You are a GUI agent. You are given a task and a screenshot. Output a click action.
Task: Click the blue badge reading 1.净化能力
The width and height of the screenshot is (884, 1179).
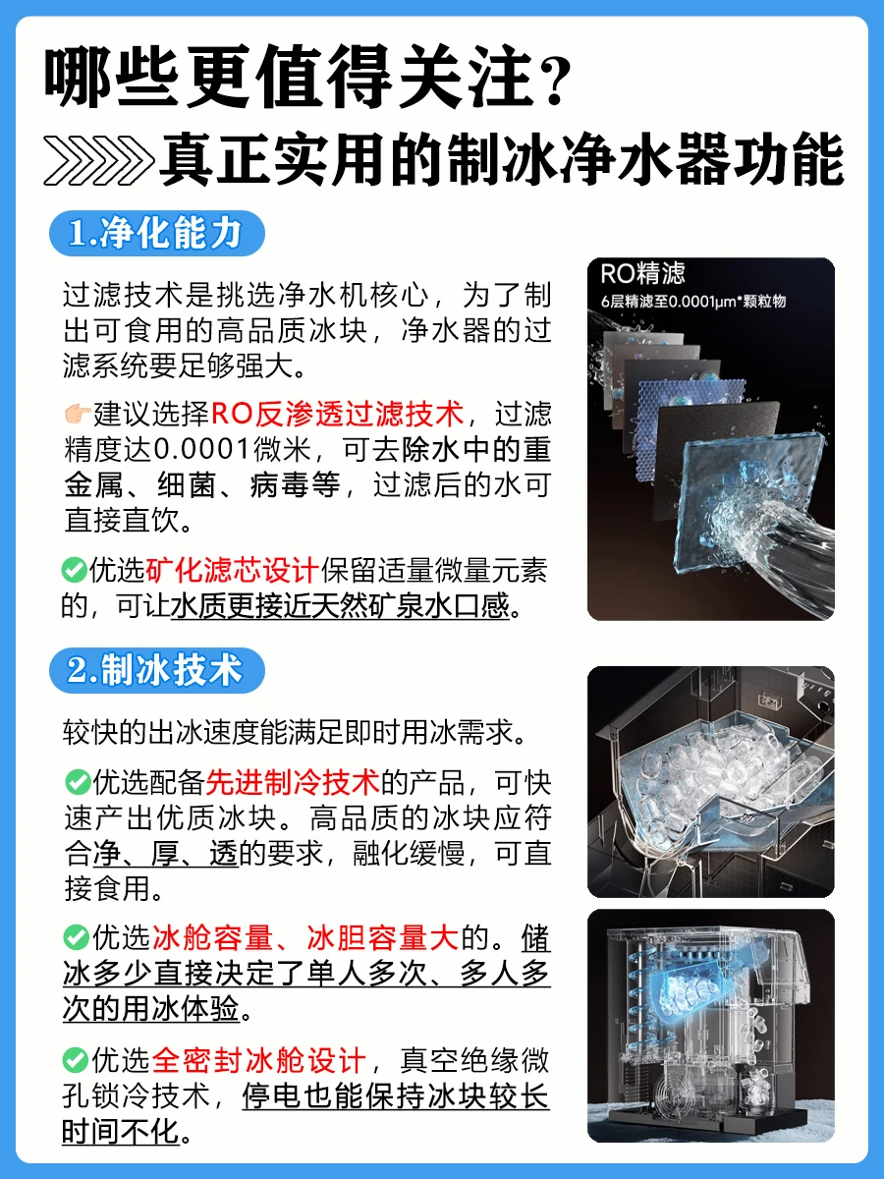click(157, 233)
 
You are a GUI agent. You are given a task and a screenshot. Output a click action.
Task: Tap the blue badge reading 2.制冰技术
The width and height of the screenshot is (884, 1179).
click(157, 670)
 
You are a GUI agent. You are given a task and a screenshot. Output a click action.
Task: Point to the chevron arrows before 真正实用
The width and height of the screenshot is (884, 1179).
click(98, 160)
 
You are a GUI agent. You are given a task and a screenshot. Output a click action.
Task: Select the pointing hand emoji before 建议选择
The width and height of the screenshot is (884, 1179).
click(78, 415)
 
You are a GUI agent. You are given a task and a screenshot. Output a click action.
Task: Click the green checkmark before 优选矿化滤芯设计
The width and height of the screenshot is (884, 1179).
click(74, 570)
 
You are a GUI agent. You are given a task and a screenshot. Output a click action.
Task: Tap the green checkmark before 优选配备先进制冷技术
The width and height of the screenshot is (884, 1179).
click(78, 781)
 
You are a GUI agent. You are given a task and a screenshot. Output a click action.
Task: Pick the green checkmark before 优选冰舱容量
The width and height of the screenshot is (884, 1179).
click(77, 937)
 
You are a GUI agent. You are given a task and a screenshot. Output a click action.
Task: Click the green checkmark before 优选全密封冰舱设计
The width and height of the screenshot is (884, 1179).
click(76, 1060)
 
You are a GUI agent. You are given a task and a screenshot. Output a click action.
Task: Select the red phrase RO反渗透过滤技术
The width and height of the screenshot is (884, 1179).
click(338, 415)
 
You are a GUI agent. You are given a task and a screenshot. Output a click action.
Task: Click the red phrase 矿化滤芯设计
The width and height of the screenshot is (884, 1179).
click(232, 570)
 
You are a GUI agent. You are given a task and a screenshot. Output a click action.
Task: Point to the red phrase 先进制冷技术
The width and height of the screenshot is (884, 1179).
click(293, 782)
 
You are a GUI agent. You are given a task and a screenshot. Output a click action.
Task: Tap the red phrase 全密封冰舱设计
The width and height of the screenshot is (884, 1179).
click(259, 1060)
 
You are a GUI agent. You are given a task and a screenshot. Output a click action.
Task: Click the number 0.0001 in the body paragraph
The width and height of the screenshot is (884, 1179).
click(202, 450)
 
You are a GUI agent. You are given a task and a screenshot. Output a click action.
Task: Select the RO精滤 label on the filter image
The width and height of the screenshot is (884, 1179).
click(642, 273)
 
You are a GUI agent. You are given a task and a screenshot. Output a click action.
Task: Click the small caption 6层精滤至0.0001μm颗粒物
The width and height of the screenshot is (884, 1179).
click(692, 302)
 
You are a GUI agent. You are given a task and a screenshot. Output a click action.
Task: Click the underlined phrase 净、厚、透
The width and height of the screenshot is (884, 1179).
click(166, 853)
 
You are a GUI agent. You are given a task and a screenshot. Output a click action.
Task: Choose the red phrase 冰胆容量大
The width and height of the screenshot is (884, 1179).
click(383, 938)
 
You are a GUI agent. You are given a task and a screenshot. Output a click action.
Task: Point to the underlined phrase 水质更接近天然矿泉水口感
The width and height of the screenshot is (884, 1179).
click(340, 606)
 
